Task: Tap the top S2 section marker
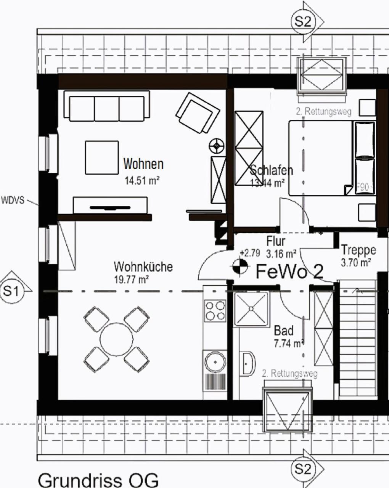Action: (303, 22)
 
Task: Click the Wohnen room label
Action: (143, 164)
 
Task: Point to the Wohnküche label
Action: (143, 266)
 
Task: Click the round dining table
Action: (117, 339)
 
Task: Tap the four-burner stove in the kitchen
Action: (215, 310)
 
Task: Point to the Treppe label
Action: (358, 250)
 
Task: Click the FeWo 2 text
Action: (289, 271)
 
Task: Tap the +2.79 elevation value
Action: (250, 253)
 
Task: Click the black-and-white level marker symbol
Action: (240, 266)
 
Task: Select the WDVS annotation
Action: (13, 200)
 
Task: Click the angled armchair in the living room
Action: (197, 113)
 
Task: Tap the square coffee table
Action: (101, 157)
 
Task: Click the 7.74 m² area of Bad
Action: (288, 344)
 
